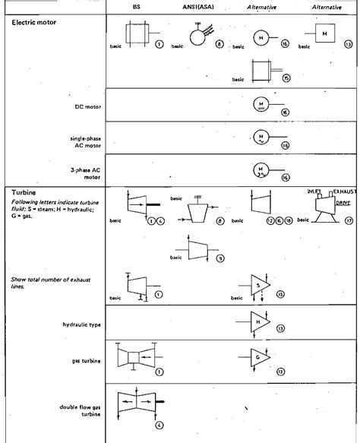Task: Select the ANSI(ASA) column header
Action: click(200, 7)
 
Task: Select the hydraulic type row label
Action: click(81, 324)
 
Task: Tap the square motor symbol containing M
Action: click(324, 34)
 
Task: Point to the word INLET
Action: click(314, 191)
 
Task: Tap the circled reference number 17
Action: click(348, 221)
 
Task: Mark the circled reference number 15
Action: click(286, 78)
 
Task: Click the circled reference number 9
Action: click(219, 258)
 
